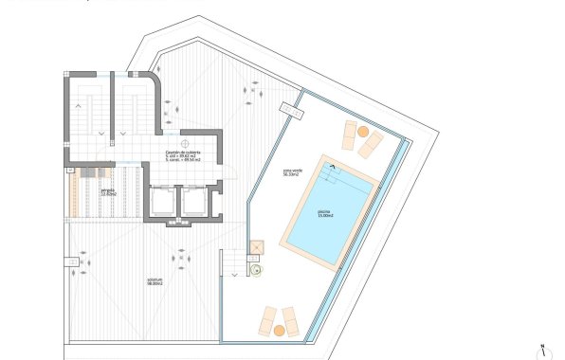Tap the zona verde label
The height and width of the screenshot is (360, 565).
click(x=292, y=171)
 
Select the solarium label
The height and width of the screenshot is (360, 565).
click(x=155, y=279)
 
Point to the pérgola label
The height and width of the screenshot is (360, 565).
click(x=108, y=189)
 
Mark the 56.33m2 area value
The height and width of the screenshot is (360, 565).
click(x=292, y=175)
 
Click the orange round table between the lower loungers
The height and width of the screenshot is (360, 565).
click(x=281, y=328)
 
